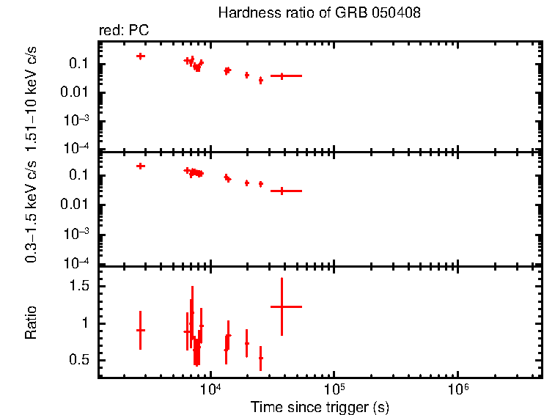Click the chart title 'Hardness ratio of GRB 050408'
point(319,14)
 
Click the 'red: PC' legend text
point(123,31)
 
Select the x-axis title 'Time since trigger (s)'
point(319,406)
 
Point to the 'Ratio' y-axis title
point(31,323)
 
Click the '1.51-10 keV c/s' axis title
point(31,94)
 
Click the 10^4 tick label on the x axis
point(211,390)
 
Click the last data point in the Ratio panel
point(282,306)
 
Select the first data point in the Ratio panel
point(140,330)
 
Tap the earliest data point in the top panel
point(140,56)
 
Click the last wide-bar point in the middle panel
point(282,191)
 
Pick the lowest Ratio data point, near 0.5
point(260,358)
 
